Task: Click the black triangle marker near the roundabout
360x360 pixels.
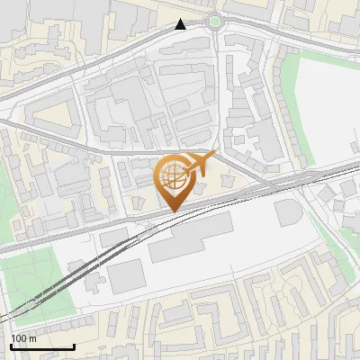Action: coord(181,24)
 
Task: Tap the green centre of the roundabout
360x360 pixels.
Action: coord(214,22)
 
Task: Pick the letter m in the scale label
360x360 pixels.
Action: coord(32,338)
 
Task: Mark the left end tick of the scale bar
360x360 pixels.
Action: coord(11,346)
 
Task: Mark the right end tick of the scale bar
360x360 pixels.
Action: coord(74,346)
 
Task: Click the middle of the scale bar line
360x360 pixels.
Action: coord(42,347)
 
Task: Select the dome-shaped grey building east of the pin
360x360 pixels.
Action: coord(288,213)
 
